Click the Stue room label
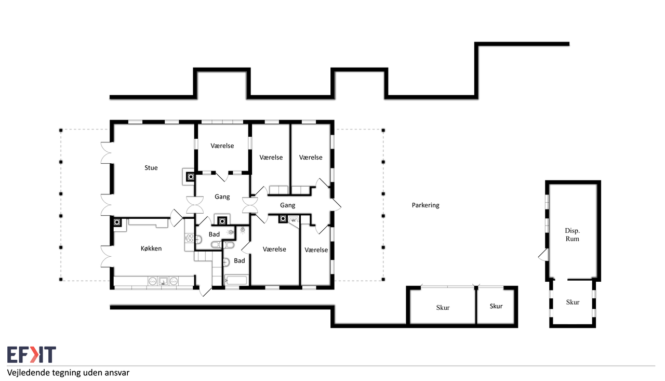(x=151, y=168)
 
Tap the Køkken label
(x=151, y=248)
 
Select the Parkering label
(x=425, y=205)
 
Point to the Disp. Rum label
(x=572, y=234)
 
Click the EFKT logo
(x=32, y=354)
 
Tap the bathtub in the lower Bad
(x=236, y=280)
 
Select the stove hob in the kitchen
(x=190, y=238)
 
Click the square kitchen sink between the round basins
(x=163, y=281)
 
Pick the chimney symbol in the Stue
(x=191, y=177)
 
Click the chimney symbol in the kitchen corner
(x=117, y=222)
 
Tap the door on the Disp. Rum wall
(x=543, y=255)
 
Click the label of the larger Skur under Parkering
(x=443, y=308)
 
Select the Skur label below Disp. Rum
(x=573, y=303)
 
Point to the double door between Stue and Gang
(x=195, y=205)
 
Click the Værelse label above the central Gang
(x=222, y=146)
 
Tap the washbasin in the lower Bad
(x=226, y=262)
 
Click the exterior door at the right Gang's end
(x=336, y=205)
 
